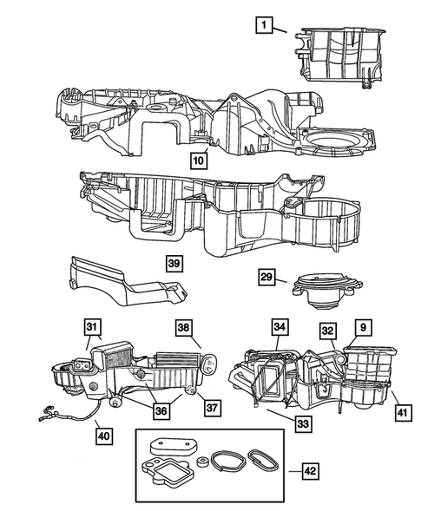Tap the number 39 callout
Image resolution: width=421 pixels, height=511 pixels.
(175, 263)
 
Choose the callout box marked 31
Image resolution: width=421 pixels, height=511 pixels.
(92, 326)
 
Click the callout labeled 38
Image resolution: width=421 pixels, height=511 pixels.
(183, 329)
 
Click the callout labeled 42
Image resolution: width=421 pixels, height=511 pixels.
(308, 470)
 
